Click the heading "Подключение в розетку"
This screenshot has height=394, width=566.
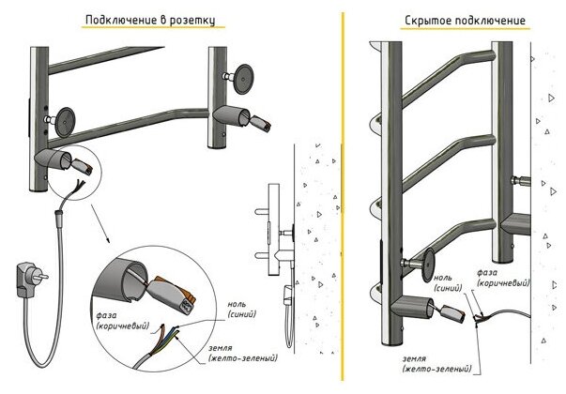click(156, 20)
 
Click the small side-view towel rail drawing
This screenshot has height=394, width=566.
click(275, 235)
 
